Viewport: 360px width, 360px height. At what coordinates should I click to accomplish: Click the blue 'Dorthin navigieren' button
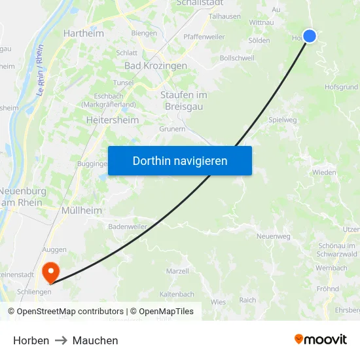pyautogui.click(x=180, y=160)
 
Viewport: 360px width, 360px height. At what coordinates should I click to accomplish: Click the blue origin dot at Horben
pyautogui.click(x=310, y=36)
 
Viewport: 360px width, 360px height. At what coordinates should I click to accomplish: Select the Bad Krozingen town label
pyautogui.click(x=156, y=66)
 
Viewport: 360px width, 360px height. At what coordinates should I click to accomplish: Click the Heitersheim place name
pyautogui.click(x=113, y=120)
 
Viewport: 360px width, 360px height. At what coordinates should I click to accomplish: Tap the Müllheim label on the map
pyautogui.click(x=81, y=211)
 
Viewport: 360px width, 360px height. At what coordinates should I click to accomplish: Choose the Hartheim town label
pyautogui.click(x=83, y=33)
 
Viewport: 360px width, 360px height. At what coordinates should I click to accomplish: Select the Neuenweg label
pyautogui.click(x=274, y=236)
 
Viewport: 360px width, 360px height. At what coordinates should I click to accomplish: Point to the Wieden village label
pyautogui.click(x=323, y=173)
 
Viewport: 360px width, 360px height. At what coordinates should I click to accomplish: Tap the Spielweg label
pyautogui.click(x=282, y=120)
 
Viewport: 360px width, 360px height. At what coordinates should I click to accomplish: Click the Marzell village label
pyautogui.click(x=177, y=271)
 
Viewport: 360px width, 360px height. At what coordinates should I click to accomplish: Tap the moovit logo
pyautogui.click(x=320, y=339)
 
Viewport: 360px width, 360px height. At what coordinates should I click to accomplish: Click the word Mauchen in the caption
pyautogui.click(x=96, y=340)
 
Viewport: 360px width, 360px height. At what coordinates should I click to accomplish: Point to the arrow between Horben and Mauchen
pyautogui.click(x=61, y=340)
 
